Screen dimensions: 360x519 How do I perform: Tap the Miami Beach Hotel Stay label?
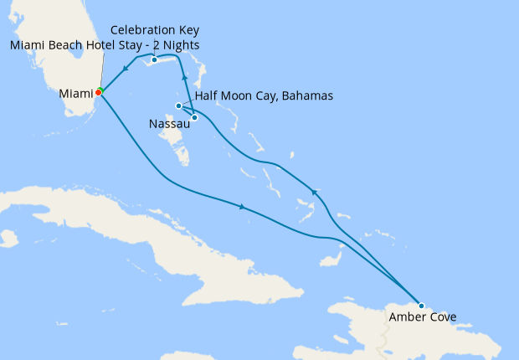105,44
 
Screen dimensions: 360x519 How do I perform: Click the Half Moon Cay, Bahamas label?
264,96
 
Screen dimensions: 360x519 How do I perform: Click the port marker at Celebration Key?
155,60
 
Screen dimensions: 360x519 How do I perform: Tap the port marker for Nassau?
178,105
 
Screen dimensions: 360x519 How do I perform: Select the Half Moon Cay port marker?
194,117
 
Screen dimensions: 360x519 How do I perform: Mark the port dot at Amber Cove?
421,306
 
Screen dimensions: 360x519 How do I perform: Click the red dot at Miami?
97,93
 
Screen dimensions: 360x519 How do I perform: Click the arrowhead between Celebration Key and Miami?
125,69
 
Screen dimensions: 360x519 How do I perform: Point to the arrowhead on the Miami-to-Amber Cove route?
243,206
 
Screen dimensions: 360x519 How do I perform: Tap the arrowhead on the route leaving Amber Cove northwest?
314,191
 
